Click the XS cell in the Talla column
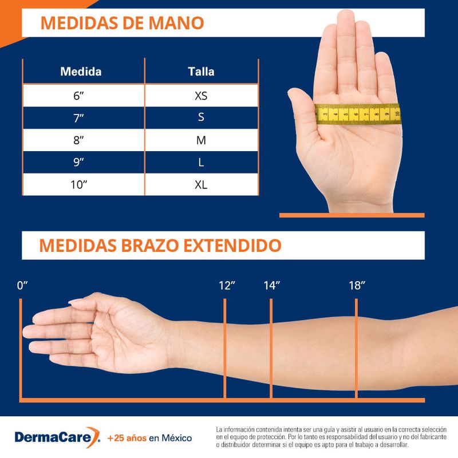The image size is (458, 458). click(x=200, y=95)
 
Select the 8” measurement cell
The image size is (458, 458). click(x=79, y=140)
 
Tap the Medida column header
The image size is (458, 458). click(x=81, y=72)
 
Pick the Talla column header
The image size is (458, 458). click(x=201, y=72)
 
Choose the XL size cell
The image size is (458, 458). click(x=200, y=185)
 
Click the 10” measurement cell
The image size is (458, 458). click(x=79, y=185)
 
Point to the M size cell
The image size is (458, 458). click(x=200, y=140)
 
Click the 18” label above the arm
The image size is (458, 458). click(x=356, y=286)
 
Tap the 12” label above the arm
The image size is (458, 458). click(x=227, y=286)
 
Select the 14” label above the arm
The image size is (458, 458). click(x=271, y=286)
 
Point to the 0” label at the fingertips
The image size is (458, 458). click(x=23, y=286)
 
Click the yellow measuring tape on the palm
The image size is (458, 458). click(x=358, y=114)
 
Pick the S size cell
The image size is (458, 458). click(x=200, y=117)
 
